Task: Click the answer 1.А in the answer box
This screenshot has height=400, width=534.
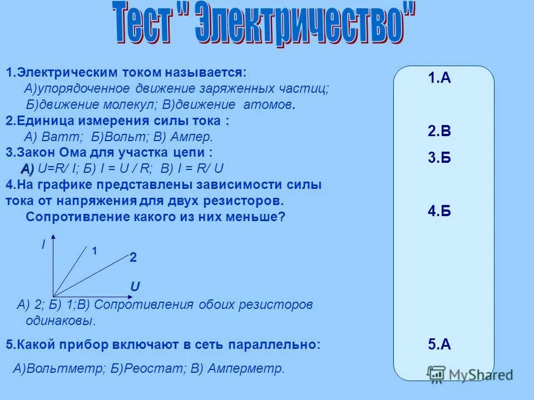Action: [x=439, y=78]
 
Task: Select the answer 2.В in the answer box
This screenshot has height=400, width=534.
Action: [x=439, y=132]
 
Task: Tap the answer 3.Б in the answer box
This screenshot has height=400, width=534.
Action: [x=439, y=158]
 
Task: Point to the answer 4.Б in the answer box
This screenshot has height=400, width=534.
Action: [x=439, y=211]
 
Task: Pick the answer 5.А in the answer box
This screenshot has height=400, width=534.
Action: [x=439, y=344]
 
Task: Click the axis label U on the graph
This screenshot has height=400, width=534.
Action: [x=135, y=287]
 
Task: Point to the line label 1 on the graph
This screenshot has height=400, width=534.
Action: [x=95, y=251]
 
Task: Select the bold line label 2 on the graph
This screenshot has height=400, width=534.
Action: [x=133, y=258]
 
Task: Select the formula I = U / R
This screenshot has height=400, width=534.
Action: [x=124, y=169]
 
